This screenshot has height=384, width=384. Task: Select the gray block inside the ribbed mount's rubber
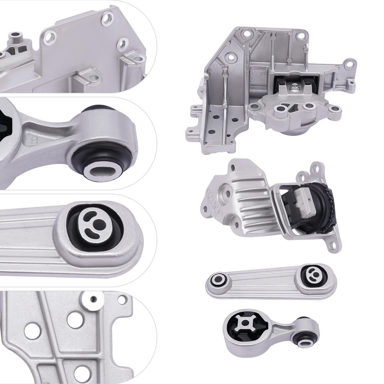coord(303,200)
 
